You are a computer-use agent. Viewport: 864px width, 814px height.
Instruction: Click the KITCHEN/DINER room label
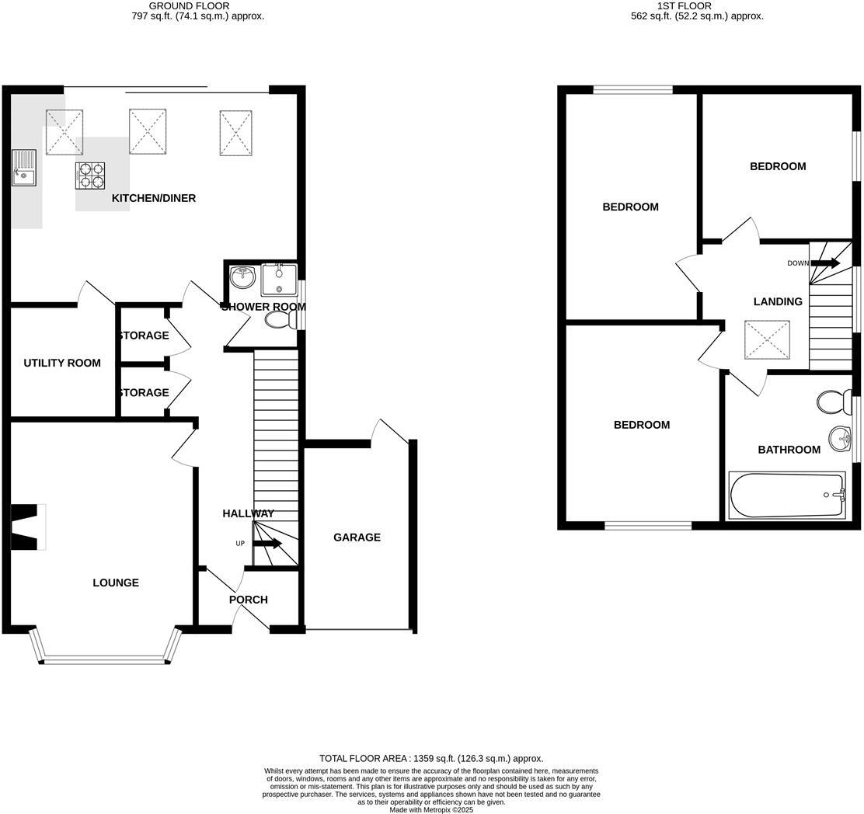(154, 198)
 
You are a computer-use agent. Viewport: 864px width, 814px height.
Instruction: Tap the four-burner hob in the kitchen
(90, 176)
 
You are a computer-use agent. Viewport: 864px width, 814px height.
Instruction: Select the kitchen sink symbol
(23, 167)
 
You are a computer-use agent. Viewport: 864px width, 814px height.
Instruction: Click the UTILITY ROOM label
(62, 363)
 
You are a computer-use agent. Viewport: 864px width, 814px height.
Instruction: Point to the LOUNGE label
(116, 583)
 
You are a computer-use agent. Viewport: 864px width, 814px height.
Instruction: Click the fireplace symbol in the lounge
(25, 527)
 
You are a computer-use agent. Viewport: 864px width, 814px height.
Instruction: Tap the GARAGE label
(357, 537)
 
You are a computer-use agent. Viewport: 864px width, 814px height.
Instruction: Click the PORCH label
(249, 600)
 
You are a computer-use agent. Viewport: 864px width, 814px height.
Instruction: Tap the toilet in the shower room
(279, 319)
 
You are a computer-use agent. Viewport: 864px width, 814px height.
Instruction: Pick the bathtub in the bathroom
(786, 495)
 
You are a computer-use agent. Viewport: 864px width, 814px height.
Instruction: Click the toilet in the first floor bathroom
(831, 402)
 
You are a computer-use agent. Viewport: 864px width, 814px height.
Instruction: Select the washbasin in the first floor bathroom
(840, 439)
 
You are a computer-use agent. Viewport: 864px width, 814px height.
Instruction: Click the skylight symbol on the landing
(761, 340)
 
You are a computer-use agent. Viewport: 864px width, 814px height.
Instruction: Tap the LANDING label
(778, 301)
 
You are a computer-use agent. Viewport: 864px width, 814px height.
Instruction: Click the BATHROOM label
(789, 450)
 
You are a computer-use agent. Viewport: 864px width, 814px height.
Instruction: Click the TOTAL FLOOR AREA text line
(431, 758)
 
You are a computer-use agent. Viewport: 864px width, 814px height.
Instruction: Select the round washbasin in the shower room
(243, 274)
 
